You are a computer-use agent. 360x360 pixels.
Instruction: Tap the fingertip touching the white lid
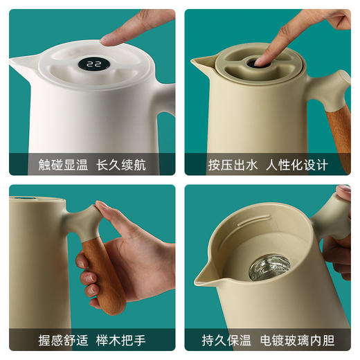tap(111, 38)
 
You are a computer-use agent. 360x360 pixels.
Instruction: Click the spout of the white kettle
tap(21, 62)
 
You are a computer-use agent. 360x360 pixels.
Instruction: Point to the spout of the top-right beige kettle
tap(200, 64)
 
